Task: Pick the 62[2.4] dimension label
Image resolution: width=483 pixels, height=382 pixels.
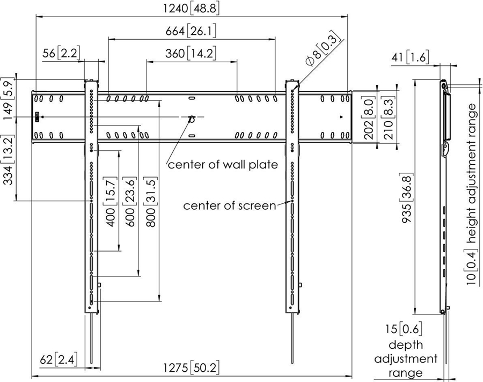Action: (x=58, y=358)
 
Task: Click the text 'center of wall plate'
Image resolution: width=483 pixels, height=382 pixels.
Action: (x=223, y=165)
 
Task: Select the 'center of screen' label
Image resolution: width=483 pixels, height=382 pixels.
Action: (x=230, y=205)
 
